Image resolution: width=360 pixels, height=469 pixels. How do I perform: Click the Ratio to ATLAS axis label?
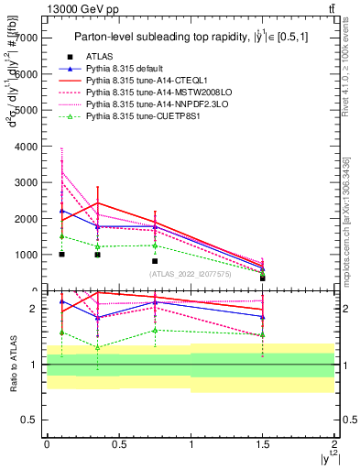click(12, 364)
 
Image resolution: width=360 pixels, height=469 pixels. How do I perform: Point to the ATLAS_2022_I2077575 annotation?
click(191, 273)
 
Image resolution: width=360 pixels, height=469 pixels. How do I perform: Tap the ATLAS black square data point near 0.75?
click(155, 261)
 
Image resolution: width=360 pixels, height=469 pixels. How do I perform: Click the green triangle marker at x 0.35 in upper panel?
click(97, 246)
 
